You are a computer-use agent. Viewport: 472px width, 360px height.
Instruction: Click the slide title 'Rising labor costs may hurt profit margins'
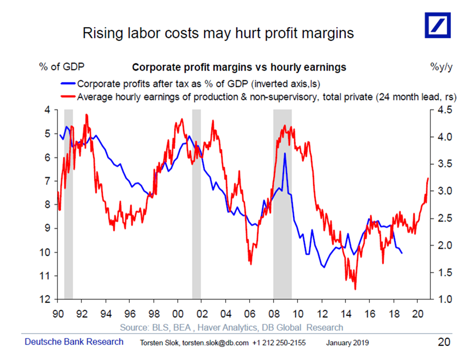[218, 33]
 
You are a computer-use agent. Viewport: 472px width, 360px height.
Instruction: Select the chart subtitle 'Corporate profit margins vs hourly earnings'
[240, 68]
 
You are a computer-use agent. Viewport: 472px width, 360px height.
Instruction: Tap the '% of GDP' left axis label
[61, 68]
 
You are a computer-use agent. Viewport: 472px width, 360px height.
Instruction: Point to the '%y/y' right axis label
[441, 68]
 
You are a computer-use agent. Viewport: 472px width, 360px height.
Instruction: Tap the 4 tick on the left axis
[48, 110]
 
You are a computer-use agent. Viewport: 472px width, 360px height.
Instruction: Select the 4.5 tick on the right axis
[445, 110]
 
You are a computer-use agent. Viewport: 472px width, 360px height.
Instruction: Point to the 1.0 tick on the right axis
[445, 300]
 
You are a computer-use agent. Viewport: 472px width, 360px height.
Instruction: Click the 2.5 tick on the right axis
[445, 218]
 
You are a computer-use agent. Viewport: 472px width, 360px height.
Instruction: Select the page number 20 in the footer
[444, 342]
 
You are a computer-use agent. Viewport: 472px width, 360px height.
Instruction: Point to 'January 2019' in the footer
[347, 343]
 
